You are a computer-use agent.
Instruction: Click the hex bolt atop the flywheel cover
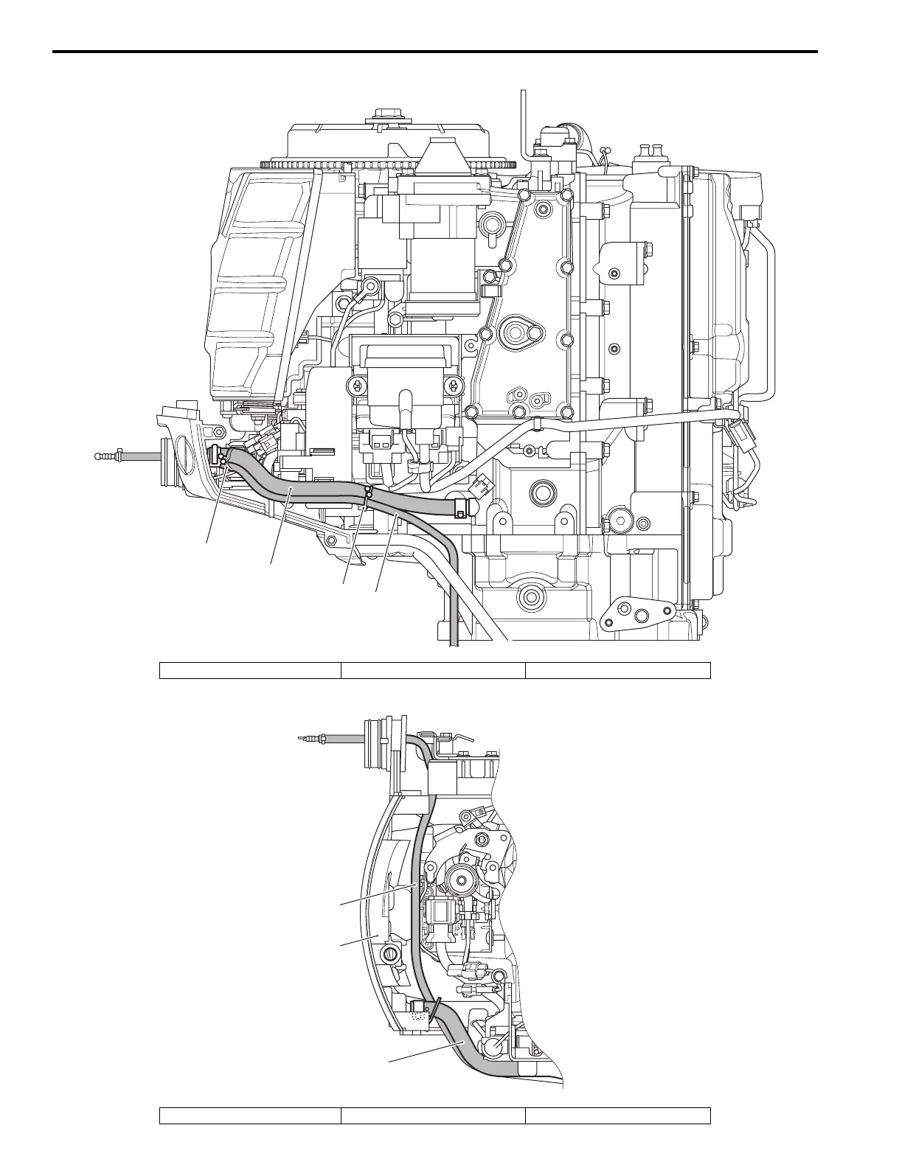click(x=385, y=115)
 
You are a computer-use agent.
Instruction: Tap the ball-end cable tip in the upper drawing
click(x=101, y=456)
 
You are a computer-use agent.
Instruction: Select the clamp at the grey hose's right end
click(x=462, y=508)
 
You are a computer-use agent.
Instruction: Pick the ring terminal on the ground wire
click(x=371, y=285)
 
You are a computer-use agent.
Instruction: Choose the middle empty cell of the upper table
click(x=432, y=670)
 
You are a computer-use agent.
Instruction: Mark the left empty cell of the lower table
click(x=250, y=1115)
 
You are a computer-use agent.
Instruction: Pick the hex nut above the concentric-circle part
click(x=482, y=840)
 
